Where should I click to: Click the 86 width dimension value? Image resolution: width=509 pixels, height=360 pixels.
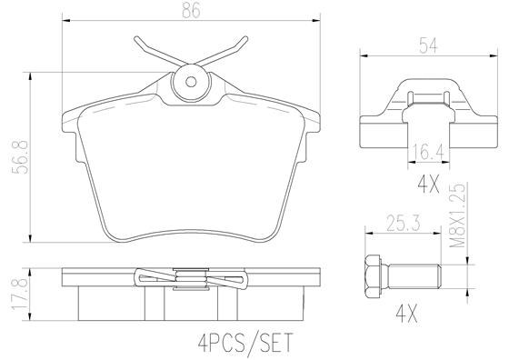pos(191,10)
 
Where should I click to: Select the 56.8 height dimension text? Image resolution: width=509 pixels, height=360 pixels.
pos(20,157)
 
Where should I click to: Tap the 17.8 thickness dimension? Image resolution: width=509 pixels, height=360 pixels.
pos(19,295)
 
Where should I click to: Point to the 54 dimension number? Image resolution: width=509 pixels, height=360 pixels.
pos(428,45)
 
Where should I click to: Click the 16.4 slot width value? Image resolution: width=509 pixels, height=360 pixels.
pos(428,153)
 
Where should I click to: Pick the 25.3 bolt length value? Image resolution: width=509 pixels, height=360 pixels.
pos(404,224)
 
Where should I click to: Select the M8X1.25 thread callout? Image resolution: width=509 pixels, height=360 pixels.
pos(457,215)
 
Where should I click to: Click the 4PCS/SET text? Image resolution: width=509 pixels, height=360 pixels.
pos(245,342)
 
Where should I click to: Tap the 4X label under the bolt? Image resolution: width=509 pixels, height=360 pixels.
pos(407,315)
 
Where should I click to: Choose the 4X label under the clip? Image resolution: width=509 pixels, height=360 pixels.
pos(428,185)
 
